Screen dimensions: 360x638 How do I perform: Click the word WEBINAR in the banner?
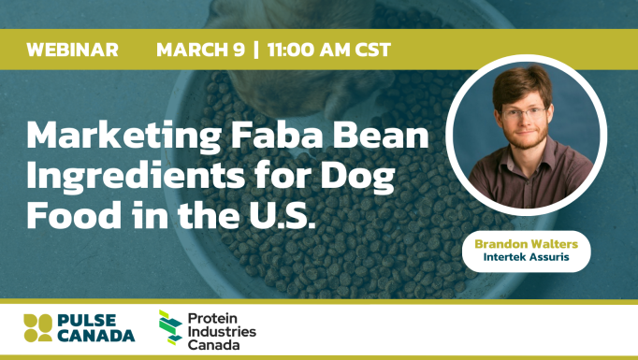coord(73,50)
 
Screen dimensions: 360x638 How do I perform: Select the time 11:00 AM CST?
coord(327,50)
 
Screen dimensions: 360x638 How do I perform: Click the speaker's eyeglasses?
coord(527,113)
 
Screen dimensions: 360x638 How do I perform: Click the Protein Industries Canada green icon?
coord(170,329)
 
